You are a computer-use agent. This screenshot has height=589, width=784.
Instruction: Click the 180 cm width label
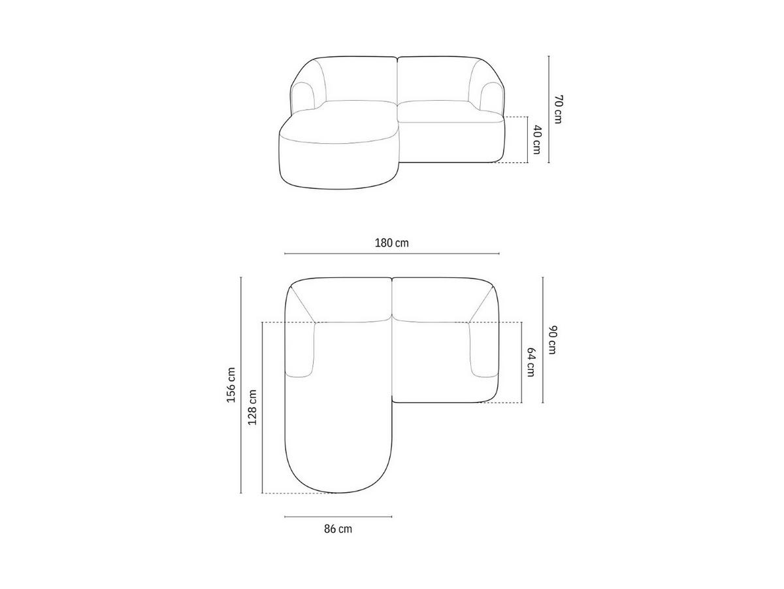tap(392, 243)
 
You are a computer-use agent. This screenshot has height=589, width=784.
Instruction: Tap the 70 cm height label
tap(557, 109)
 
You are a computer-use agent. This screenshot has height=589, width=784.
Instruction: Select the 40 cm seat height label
tap(536, 139)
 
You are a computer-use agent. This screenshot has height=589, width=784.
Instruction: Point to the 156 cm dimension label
tap(231, 384)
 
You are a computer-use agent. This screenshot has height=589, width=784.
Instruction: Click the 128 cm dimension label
tap(252, 407)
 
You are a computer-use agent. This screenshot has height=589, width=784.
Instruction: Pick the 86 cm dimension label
tap(338, 529)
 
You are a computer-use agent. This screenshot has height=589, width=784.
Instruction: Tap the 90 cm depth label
tap(552, 339)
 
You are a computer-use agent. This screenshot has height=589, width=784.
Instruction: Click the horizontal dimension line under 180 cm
tap(392, 254)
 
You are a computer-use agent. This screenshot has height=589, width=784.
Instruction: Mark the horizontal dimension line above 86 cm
tap(338, 517)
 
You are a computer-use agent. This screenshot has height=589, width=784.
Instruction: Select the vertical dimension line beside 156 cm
tap(241, 384)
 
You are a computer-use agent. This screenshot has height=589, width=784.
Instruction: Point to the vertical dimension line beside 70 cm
tap(548, 109)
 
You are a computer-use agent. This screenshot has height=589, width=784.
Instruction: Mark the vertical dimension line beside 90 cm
tap(543, 339)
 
